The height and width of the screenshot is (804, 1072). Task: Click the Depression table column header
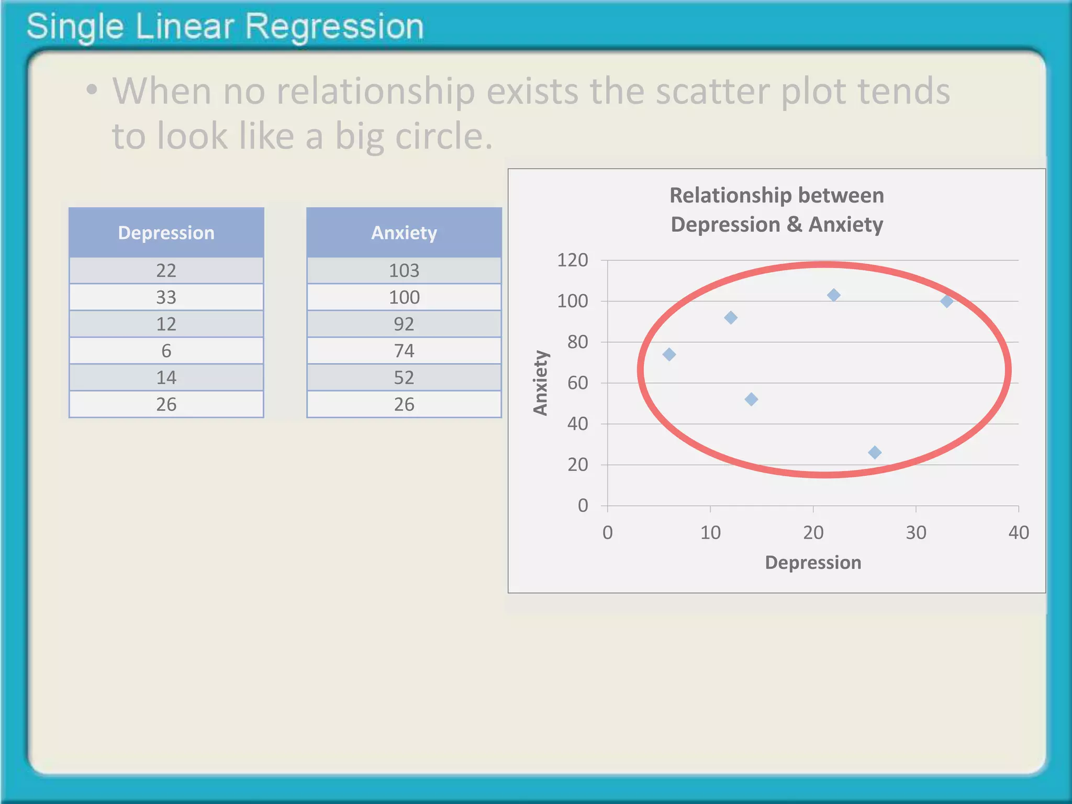[166, 233]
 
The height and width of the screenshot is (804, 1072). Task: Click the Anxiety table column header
[404, 233]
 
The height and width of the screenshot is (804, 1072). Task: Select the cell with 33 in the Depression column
[166, 297]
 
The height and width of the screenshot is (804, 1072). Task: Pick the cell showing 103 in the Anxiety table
[404, 271]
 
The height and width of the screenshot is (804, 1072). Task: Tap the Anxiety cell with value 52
[404, 377]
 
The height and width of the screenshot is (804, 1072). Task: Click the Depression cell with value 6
[166, 351]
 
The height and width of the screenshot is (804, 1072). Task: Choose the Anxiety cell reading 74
[404, 351]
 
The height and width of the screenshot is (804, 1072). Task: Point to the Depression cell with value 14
[166, 377]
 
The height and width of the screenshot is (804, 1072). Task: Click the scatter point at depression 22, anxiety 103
[834, 295]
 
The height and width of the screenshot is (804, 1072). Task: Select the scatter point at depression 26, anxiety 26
[875, 452]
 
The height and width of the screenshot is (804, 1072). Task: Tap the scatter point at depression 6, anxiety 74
[669, 354]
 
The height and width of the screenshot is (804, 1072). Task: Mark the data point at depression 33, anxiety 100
[946, 301]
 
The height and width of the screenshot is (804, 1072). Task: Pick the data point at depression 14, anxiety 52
[751, 399]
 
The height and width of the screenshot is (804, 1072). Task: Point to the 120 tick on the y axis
[573, 260]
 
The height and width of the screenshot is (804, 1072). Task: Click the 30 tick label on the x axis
[916, 533]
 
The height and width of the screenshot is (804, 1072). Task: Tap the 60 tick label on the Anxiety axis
[577, 383]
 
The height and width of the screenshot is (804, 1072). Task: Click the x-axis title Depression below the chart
[813, 563]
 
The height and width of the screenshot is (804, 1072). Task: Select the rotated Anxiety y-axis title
[540, 383]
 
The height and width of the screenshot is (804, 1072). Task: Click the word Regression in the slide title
[334, 27]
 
